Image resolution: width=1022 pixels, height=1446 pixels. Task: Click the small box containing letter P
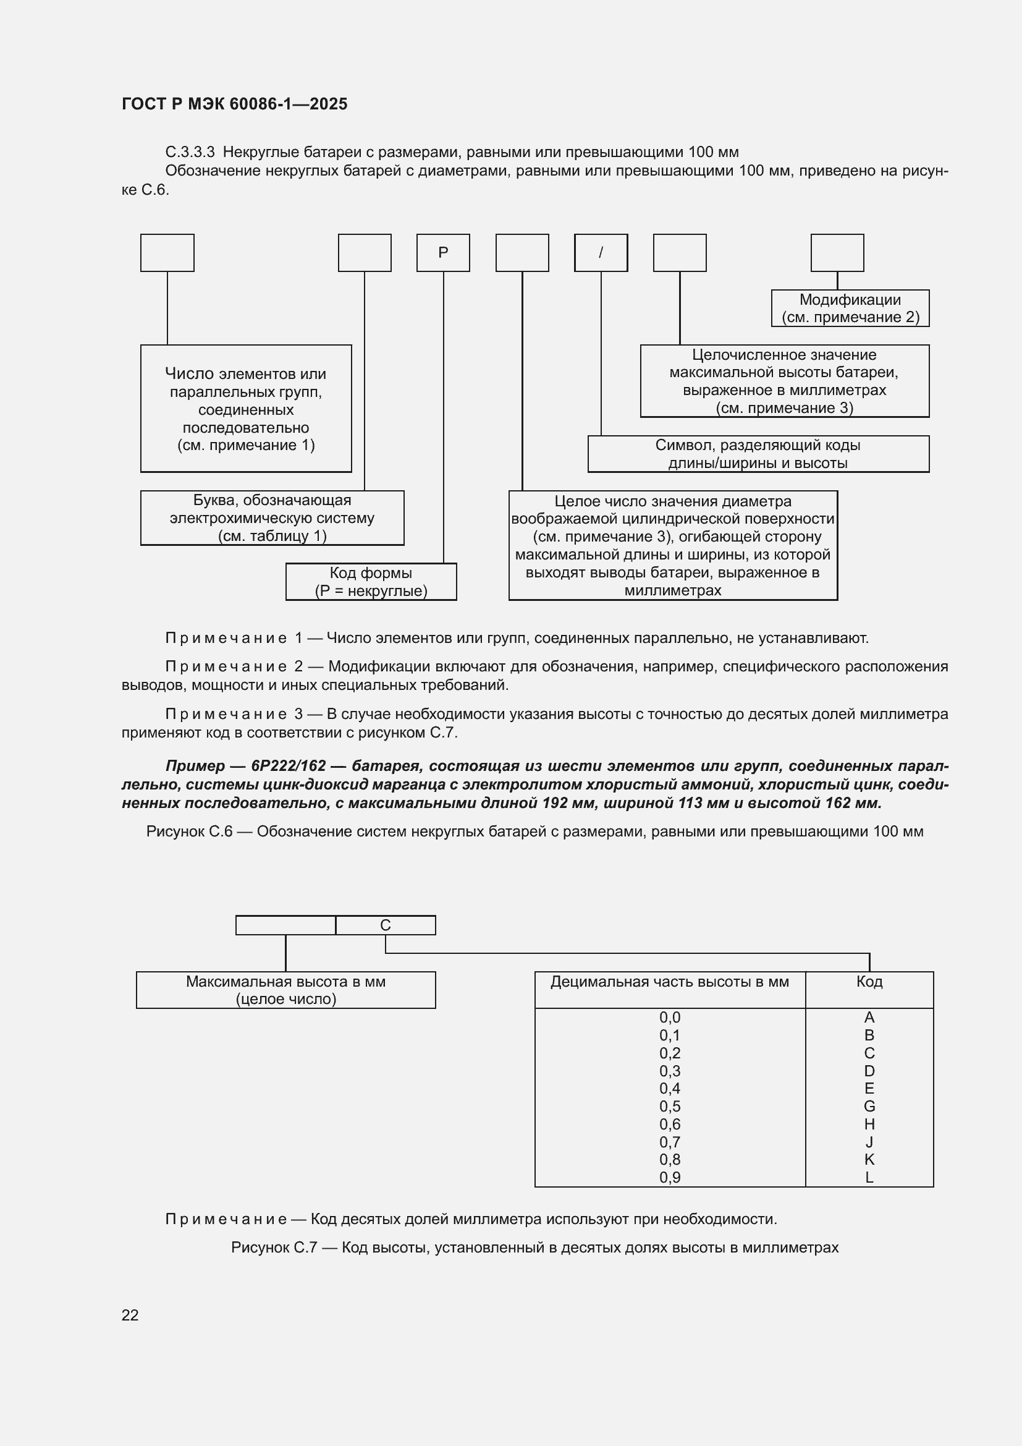[x=443, y=253]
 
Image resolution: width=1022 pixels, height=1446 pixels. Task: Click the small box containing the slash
[x=601, y=253]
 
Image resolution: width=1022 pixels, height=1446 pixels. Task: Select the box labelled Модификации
[x=850, y=308]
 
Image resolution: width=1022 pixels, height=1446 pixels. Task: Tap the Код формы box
[x=371, y=581]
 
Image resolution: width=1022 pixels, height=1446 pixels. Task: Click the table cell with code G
[x=869, y=1106]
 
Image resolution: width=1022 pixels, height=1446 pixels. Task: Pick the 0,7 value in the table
[x=670, y=1142]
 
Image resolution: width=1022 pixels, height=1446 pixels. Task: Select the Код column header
[x=869, y=981]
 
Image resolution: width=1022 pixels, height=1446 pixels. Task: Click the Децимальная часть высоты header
[x=669, y=981]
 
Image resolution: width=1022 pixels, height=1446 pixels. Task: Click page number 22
[x=130, y=1315]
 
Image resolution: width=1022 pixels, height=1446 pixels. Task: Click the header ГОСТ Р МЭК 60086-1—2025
[x=234, y=104]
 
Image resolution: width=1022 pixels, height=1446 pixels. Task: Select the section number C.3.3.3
[x=190, y=152]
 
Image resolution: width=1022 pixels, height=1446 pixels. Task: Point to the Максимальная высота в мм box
[x=285, y=989]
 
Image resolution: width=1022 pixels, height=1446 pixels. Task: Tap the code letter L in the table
[x=869, y=1177]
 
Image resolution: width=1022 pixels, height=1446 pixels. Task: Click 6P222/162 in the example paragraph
[x=288, y=766]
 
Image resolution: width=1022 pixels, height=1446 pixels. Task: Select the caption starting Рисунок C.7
[x=534, y=1248]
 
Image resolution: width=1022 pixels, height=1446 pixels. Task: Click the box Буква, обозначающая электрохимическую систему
[x=272, y=517]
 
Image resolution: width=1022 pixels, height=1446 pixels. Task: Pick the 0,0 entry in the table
[x=670, y=1017]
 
